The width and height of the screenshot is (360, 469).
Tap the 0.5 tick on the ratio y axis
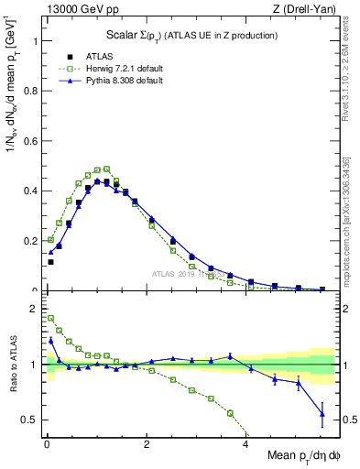click(31, 420)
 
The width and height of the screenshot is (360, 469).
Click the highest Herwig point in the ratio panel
click(50, 318)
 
